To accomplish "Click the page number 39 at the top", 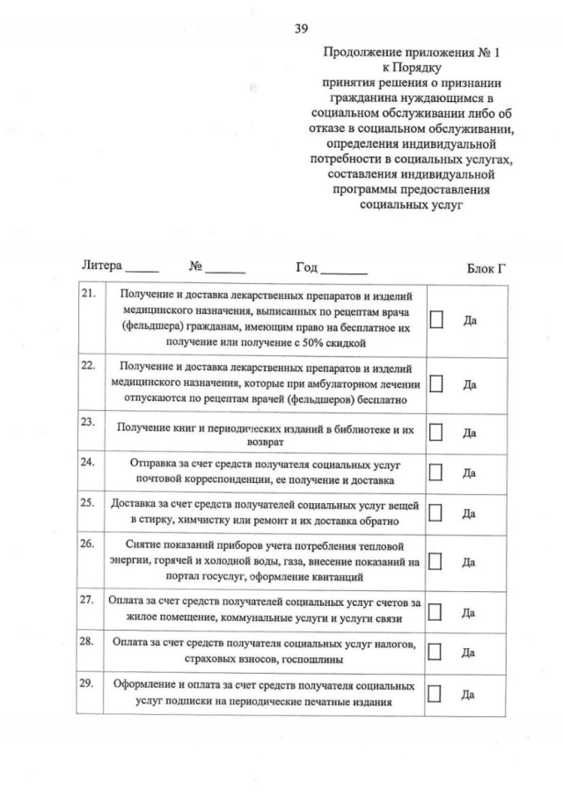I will [x=301, y=28].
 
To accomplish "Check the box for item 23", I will [x=435, y=432].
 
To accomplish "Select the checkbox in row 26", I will [x=435, y=560].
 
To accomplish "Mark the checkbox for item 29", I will [x=435, y=693].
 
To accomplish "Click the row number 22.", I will [x=87, y=365].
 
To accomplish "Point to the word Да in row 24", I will [x=470, y=473].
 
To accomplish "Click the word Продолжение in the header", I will [x=359, y=53].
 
